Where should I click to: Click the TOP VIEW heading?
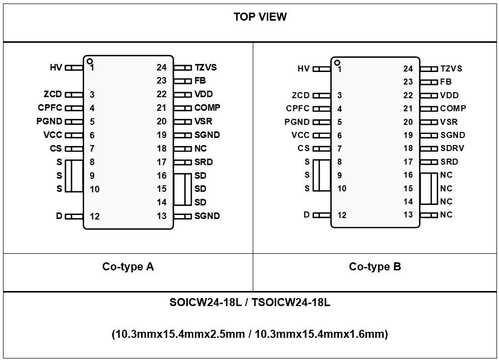[x=260, y=17]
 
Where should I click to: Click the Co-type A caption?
[x=128, y=267]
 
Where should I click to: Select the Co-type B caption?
[x=375, y=267]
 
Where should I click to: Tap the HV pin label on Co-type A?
[x=55, y=67]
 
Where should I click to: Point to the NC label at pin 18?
[x=200, y=149]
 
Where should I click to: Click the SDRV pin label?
[x=452, y=149]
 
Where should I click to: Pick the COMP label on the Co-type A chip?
[x=207, y=108]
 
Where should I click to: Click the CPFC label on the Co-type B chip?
[x=298, y=108]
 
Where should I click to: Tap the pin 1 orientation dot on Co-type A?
[x=90, y=61]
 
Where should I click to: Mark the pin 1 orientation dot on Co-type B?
[x=337, y=62]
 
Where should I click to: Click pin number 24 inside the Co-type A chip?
[x=161, y=67]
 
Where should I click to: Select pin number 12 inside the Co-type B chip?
[x=342, y=215]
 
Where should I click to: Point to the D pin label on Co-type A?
[x=59, y=216]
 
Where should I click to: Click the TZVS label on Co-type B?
[x=451, y=68]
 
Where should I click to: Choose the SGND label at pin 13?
[x=207, y=216]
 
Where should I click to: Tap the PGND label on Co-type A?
[x=49, y=121]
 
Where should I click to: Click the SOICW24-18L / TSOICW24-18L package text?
[x=250, y=303]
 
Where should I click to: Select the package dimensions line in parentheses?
[x=250, y=334]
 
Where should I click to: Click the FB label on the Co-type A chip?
[x=200, y=81]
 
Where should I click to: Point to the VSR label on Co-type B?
[x=449, y=122]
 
